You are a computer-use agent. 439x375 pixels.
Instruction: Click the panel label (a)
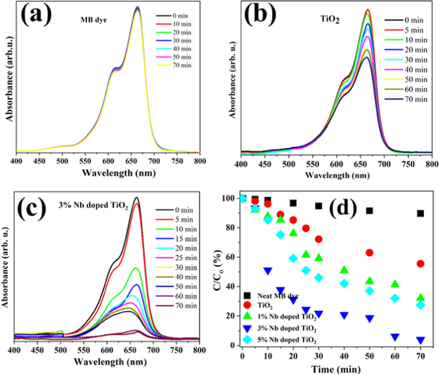36,15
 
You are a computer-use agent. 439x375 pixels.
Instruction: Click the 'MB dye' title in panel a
94,20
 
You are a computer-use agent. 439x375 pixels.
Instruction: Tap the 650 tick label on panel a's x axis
131,161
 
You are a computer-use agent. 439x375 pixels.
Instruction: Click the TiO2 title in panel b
330,19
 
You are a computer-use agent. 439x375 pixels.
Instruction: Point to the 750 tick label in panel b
408,164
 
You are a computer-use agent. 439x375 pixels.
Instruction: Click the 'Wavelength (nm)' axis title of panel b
337,175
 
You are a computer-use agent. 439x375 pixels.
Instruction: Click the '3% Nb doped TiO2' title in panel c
93,206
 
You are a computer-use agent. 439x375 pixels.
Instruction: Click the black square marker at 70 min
420,213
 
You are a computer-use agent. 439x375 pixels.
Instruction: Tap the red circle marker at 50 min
369,253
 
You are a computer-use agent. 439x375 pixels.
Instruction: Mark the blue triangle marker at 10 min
268,271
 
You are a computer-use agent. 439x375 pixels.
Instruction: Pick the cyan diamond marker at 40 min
344,284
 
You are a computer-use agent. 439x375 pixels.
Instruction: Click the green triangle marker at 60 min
395,284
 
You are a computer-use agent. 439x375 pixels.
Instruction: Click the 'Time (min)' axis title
336,369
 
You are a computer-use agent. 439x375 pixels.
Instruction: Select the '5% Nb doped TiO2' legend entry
287,340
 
